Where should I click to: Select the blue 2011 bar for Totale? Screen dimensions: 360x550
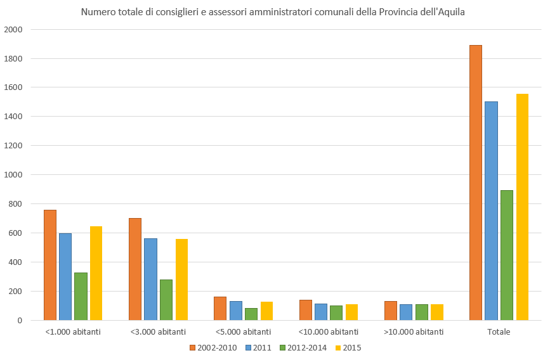click(x=491, y=210)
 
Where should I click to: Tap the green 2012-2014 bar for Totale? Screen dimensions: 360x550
click(x=506, y=255)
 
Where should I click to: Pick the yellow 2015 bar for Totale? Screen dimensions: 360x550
click(x=522, y=207)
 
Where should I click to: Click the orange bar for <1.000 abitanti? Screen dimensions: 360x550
click(x=50, y=265)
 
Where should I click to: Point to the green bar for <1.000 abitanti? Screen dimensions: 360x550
click(x=81, y=296)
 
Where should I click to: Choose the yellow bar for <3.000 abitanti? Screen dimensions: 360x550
click(x=181, y=280)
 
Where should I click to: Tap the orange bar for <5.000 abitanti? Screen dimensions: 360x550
click(x=220, y=308)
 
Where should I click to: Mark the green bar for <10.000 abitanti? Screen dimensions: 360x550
click(x=336, y=312)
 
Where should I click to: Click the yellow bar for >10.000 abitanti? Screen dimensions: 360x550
click(x=437, y=312)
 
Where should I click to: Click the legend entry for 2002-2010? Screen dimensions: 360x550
click(x=213, y=347)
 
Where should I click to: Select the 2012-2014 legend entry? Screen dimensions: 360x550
click(x=303, y=347)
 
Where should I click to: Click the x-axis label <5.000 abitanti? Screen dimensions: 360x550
click(x=243, y=331)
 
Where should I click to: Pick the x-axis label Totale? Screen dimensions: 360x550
click(x=499, y=331)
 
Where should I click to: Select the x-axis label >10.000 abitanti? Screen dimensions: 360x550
click(x=414, y=331)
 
